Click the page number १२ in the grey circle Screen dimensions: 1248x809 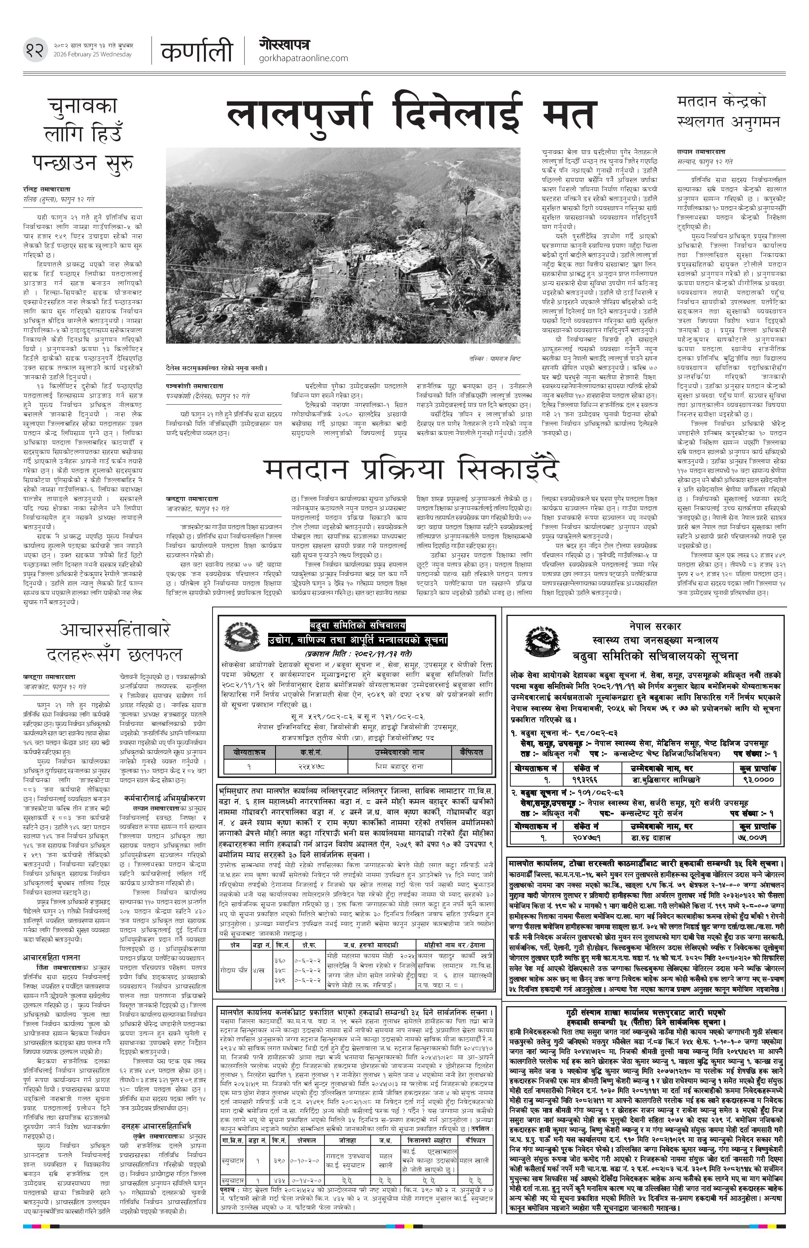click(34, 50)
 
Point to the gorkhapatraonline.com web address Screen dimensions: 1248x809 click(303, 58)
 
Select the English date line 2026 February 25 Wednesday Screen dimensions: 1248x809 click(96, 54)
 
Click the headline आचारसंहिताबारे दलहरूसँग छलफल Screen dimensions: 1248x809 click(114, 642)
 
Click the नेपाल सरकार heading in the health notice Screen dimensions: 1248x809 click(655, 626)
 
